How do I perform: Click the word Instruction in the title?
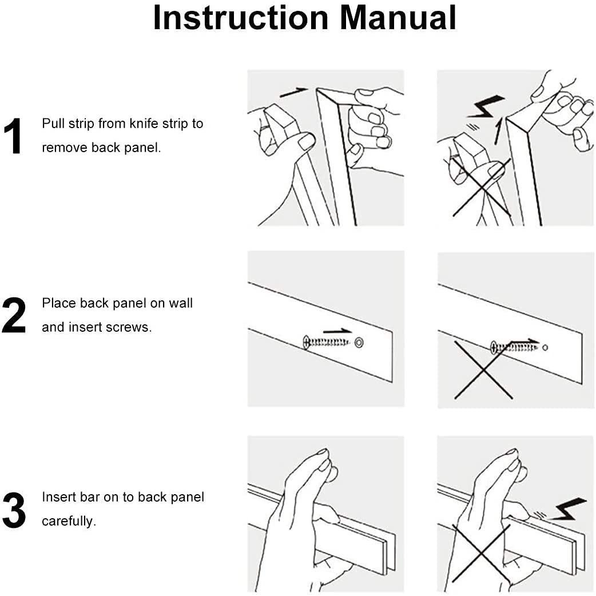click(x=241, y=18)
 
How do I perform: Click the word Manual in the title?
click(x=398, y=18)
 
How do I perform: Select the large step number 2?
click(x=14, y=316)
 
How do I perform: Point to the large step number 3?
click(x=14, y=510)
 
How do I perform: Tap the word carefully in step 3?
click(x=69, y=521)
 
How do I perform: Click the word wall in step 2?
click(x=181, y=303)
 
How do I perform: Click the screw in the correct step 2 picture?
click(x=327, y=342)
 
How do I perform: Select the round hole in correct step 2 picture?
click(x=359, y=342)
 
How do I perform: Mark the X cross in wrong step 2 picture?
click(x=483, y=370)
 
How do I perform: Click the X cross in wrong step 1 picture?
click(x=480, y=188)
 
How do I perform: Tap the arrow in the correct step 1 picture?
click(x=293, y=91)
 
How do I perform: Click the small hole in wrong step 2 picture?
click(x=545, y=347)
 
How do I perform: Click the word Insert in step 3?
click(x=57, y=497)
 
